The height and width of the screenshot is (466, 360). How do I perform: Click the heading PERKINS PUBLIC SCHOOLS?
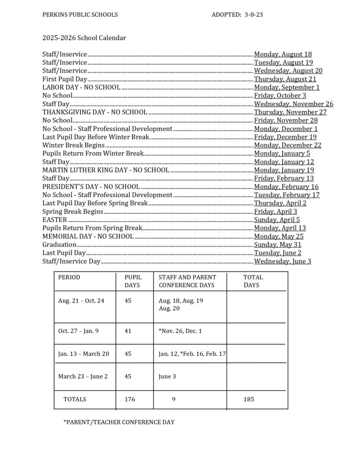click(x=80, y=15)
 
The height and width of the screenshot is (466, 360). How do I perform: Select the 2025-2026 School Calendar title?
click(x=84, y=38)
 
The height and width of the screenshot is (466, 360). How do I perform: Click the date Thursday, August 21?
click(x=285, y=79)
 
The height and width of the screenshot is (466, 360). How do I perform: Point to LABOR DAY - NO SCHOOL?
click(x=81, y=87)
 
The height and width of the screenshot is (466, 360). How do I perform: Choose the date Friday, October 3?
click(x=280, y=96)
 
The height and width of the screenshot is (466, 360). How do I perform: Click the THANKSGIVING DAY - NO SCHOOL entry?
click(x=95, y=112)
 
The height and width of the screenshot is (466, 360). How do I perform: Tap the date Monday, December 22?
click(x=288, y=145)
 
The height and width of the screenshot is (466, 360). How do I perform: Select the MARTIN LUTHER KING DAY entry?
click(x=106, y=170)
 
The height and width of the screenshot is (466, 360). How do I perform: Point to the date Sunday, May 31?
click(x=279, y=244)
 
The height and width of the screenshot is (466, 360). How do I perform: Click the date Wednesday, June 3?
click(x=283, y=261)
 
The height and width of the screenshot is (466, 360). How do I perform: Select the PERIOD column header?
click(x=69, y=277)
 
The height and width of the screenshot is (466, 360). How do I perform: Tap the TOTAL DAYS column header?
click(x=252, y=281)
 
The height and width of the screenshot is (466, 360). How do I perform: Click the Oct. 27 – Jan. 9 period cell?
click(x=78, y=331)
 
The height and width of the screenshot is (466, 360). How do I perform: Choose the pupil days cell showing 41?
click(x=128, y=331)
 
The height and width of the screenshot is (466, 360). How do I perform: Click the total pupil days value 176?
click(x=130, y=399)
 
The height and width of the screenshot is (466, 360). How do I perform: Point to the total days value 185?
click(x=248, y=399)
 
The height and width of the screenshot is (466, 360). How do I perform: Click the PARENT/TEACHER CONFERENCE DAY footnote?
click(x=119, y=422)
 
